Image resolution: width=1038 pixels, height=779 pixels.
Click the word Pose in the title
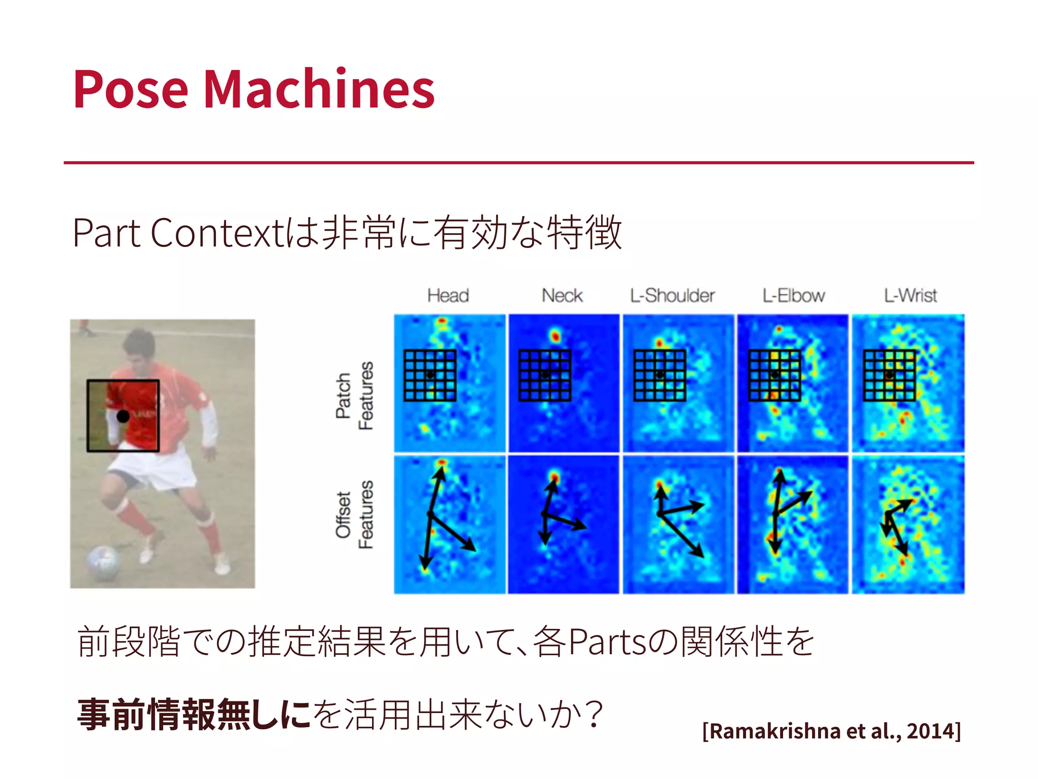tap(131, 89)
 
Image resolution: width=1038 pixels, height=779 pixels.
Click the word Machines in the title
tap(319, 89)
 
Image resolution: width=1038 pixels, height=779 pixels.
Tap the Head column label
tap(448, 295)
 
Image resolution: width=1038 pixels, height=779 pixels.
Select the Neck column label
tap(562, 295)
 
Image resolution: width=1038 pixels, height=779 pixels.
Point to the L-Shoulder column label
tap(672, 295)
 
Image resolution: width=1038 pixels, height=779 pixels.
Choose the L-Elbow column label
tap(793, 295)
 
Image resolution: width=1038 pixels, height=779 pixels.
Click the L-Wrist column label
tap(910, 295)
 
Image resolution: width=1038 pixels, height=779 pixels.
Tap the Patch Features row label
tap(354, 396)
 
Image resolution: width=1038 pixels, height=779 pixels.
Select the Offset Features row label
tap(354, 514)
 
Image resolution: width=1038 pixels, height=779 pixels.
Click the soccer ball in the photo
tap(104, 561)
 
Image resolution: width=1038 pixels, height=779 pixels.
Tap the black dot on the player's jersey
tap(123, 416)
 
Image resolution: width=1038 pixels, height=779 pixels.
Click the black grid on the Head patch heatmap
tap(430, 375)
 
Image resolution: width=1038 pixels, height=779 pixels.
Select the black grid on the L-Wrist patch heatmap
tap(889, 375)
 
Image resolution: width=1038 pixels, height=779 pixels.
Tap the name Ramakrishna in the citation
tap(775, 731)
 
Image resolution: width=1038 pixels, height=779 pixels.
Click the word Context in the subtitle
tap(215, 233)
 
